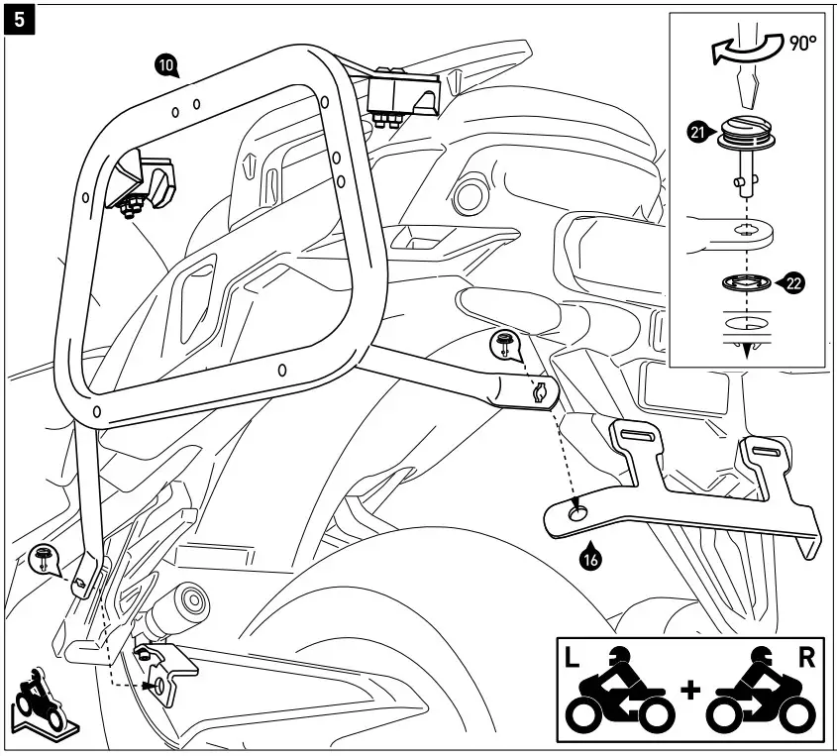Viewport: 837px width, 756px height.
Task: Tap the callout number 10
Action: pos(167,65)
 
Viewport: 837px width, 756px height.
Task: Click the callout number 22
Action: pos(792,283)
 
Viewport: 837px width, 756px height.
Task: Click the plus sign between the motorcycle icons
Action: pos(690,690)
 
